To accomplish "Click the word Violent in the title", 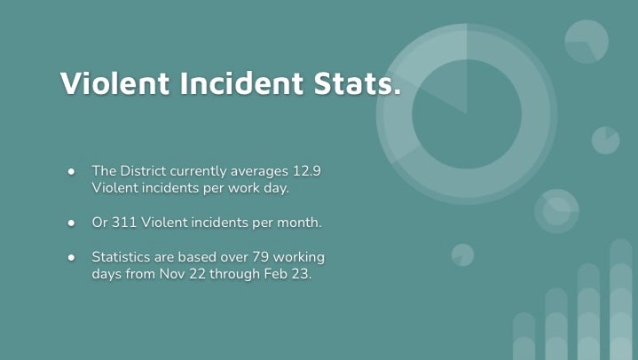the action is (114, 83).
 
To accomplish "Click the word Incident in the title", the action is (241, 83).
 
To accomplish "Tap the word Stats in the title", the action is (352, 83).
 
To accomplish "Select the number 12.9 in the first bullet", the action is (307, 171).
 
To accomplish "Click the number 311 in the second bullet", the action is (124, 223).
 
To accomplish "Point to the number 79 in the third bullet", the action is (260, 257).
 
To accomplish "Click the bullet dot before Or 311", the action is (72, 223).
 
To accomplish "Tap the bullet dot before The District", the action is (72, 172).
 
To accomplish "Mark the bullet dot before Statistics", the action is (72, 257).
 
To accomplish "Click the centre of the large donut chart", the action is (467, 113).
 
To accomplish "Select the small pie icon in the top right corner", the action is (587, 42).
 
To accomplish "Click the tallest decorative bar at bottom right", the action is (621, 300).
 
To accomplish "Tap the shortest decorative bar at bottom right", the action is (524, 336).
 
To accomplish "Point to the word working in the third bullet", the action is (299, 257).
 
